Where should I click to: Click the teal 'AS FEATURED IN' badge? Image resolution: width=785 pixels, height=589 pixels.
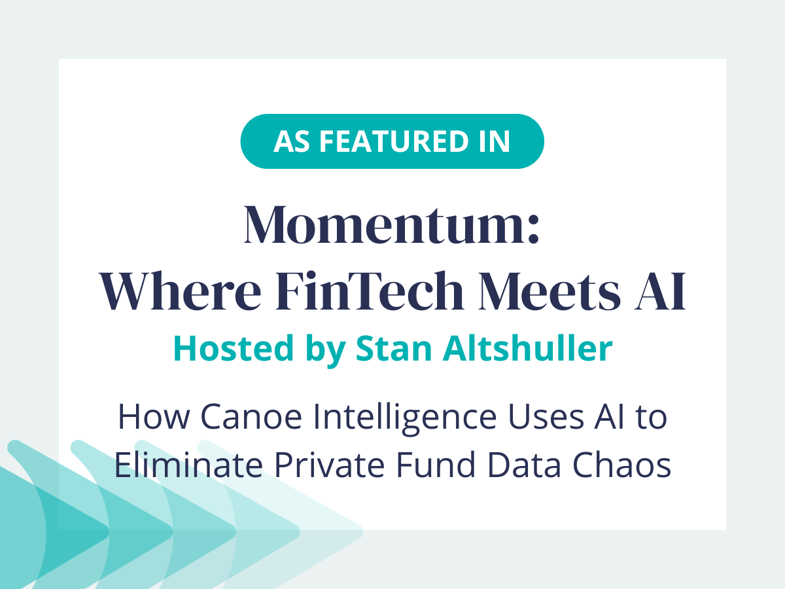pos(392,141)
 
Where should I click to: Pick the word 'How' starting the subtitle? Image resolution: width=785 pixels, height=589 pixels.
pos(145,418)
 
